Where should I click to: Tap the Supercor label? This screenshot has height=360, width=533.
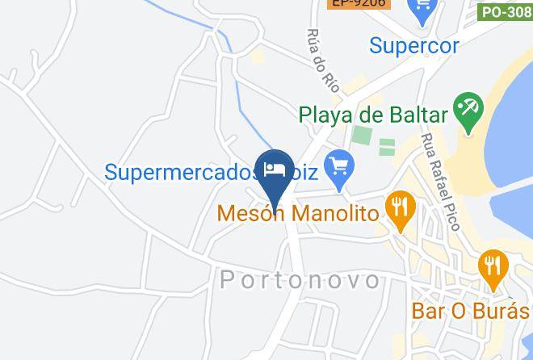point(414,44)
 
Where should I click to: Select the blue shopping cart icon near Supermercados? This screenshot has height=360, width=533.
point(338,168)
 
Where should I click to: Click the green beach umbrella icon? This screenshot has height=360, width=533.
point(468,112)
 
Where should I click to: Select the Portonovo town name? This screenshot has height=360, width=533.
point(300,280)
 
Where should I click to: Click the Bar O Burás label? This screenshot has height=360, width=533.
point(470,310)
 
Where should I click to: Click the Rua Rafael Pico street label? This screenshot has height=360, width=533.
point(439,182)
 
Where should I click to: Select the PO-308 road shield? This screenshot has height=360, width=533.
point(506,11)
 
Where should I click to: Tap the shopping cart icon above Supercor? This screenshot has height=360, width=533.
point(421,10)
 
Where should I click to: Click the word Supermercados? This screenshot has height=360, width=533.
point(178,171)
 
